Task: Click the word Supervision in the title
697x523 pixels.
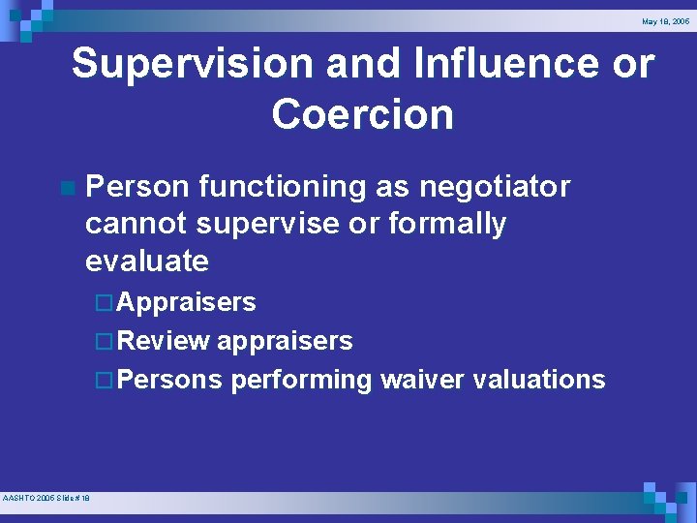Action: (x=194, y=65)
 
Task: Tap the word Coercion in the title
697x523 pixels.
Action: (x=362, y=114)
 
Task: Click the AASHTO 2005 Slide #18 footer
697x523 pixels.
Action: (x=46, y=498)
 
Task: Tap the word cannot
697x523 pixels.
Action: (x=136, y=224)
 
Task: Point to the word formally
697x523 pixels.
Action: (x=447, y=224)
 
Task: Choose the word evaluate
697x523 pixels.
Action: (x=146, y=261)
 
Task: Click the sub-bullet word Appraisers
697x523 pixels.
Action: (x=187, y=302)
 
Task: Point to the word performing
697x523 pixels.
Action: (x=301, y=380)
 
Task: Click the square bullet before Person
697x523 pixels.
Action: (x=65, y=186)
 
